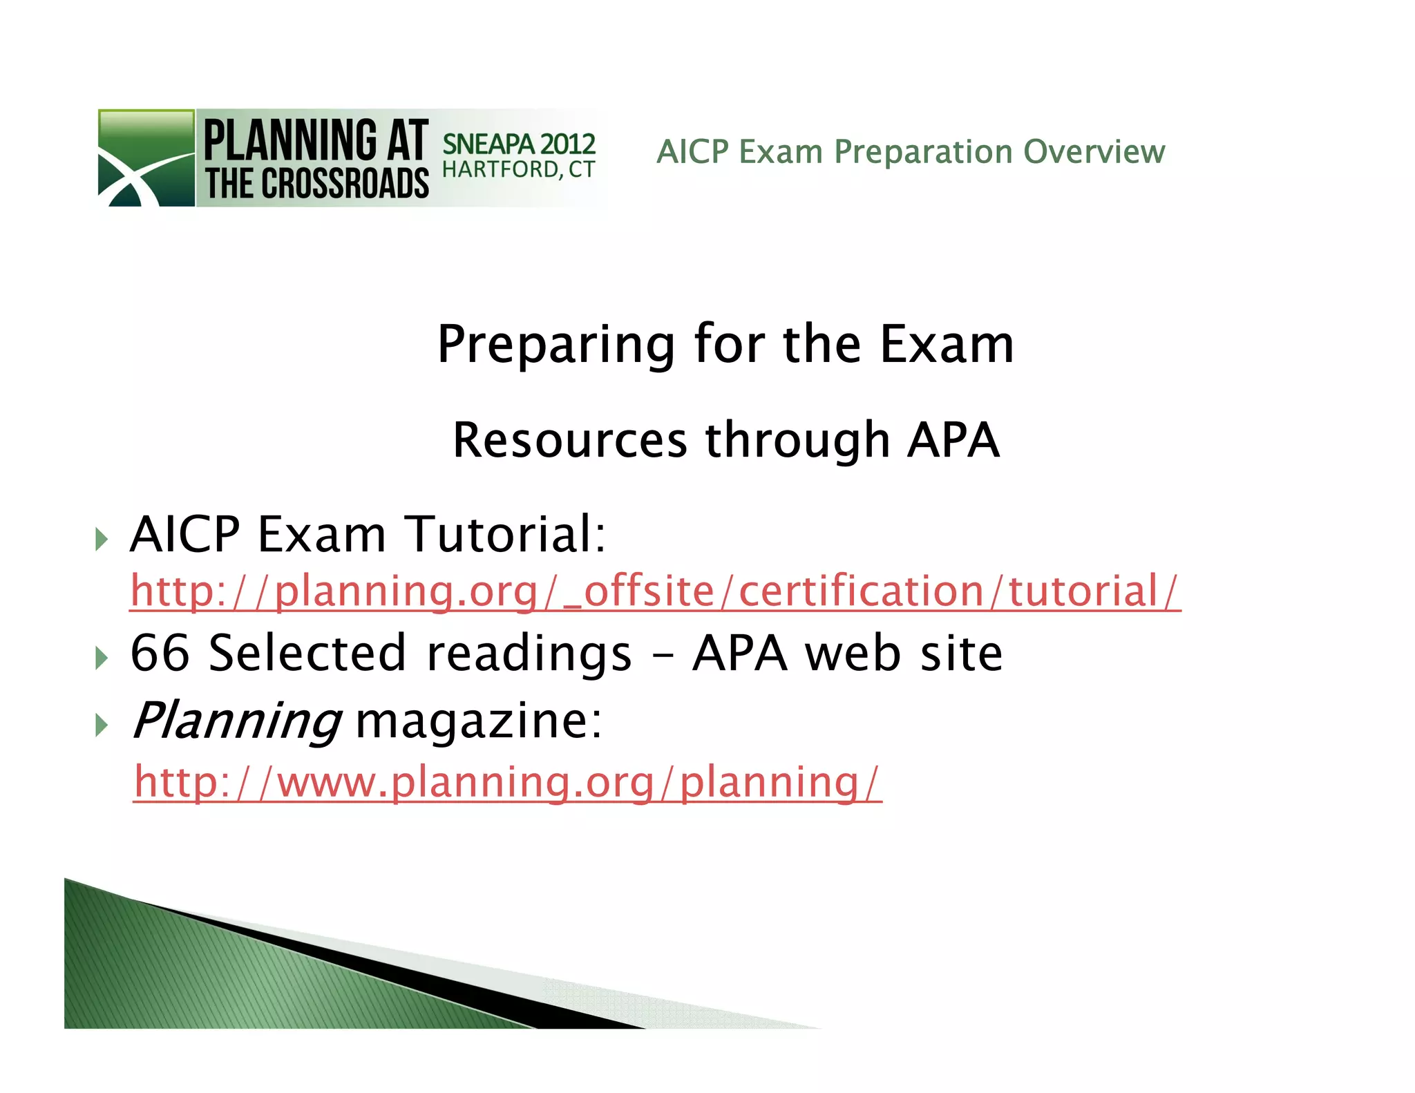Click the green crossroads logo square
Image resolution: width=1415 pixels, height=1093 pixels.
pyautogui.click(x=146, y=158)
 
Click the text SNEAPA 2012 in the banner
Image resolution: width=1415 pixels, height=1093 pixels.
pyautogui.click(x=518, y=144)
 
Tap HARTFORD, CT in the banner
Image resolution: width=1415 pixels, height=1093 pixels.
pyautogui.click(x=518, y=169)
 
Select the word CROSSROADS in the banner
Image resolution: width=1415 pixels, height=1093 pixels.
pyautogui.click(x=345, y=184)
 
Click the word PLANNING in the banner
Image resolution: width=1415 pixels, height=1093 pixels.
pyautogui.click(x=290, y=140)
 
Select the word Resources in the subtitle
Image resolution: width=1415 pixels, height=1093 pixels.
pyautogui.click(x=570, y=440)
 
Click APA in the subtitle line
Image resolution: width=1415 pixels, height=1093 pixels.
pyautogui.click(x=953, y=440)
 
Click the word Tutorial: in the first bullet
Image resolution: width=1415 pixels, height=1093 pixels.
pyautogui.click(x=504, y=534)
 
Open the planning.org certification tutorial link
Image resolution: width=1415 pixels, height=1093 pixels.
pyautogui.click(x=655, y=591)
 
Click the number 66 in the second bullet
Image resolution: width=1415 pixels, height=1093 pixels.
pyautogui.click(x=160, y=653)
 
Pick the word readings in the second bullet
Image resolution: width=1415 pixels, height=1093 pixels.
pyautogui.click(x=529, y=653)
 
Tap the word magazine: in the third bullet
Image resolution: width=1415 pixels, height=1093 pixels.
pyautogui.click(x=478, y=721)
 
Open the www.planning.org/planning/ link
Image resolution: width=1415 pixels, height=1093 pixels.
pyautogui.click(x=508, y=782)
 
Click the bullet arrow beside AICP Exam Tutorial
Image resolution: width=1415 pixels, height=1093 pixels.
pyautogui.click(x=102, y=538)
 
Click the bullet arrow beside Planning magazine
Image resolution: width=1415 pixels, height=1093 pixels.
pyautogui.click(x=102, y=725)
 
